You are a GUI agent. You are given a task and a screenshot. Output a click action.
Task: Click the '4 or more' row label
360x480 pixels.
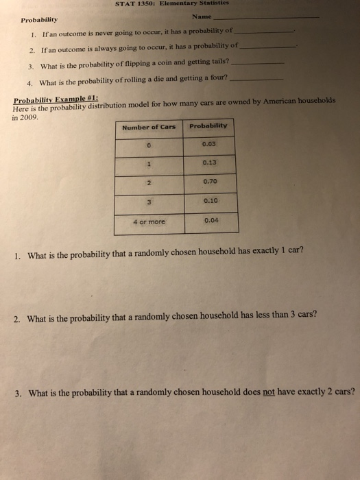click(x=149, y=221)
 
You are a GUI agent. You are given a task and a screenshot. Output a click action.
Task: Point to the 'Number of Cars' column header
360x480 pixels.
click(x=149, y=126)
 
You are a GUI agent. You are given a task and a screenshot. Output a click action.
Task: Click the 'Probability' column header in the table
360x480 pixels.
click(x=208, y=125)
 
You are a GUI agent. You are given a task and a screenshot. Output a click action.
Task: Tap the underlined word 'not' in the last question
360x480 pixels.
click(x=269, y=393)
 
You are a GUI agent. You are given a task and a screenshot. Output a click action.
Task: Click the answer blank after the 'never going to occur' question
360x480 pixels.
click(x=263, y=32)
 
